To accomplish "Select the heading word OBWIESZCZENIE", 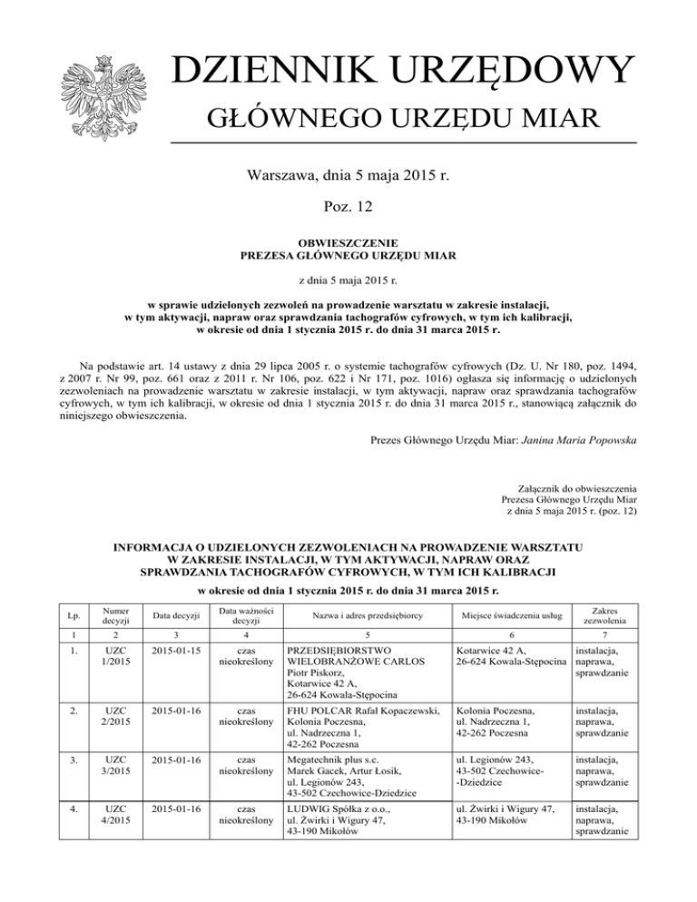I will (x=348, y=245).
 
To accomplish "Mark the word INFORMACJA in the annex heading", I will (x=151, y=548).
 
